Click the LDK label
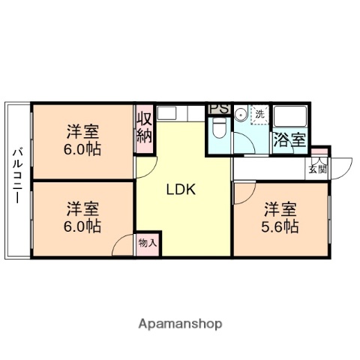tap(181, 190)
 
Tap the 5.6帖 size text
tap(281, 226)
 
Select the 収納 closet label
tap(145, 127)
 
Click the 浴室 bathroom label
tap(289, 139)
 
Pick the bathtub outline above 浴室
tap(289, 117)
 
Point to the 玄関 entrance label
tap(318, 168)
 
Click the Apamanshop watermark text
tap(180, 324)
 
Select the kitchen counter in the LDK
tap(181, 114)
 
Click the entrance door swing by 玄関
tap(337, 166)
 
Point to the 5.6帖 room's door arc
tap(243, 193)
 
